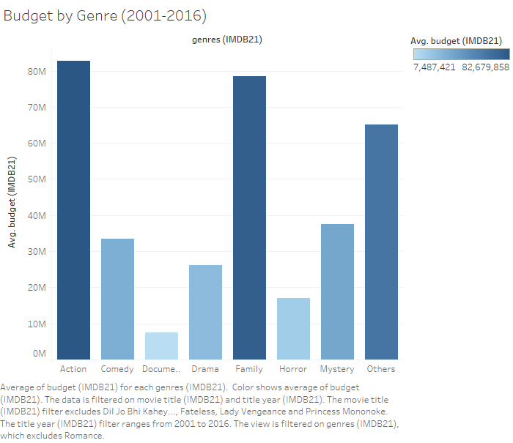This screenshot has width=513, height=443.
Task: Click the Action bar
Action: [x=73, y=210]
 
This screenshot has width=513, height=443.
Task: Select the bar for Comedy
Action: [x=117, y=299]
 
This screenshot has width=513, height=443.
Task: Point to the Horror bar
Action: [x=293, y=329]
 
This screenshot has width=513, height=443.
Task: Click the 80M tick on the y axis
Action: [x=36, y=72]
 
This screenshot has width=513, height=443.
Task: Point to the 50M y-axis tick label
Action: [x=36, y=179]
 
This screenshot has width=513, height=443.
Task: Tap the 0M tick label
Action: [x=38, y=354]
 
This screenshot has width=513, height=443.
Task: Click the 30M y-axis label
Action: [x=36, y=252]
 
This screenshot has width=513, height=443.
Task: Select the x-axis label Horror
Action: [x=293, y=369]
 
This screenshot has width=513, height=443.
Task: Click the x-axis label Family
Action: [x=249, y=369]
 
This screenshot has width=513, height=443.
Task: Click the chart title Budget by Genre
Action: [x=105, y=15]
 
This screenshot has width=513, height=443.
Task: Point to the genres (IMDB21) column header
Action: [x=226, y=40]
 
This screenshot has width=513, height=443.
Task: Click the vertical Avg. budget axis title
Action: [x=12, y=201]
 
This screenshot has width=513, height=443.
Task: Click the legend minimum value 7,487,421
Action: [x=435, y=67]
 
